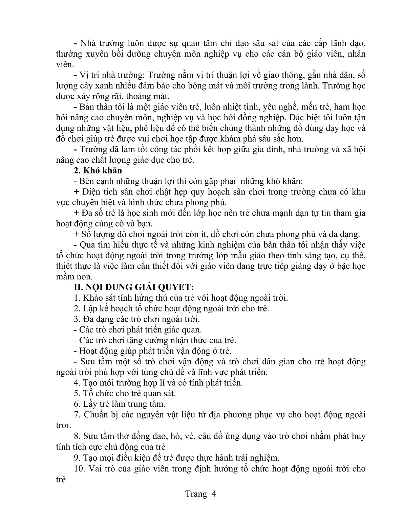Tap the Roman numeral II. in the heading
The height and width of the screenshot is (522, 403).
80,287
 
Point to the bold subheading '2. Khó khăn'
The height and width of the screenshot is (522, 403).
98,170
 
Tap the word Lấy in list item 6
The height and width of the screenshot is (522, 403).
90,404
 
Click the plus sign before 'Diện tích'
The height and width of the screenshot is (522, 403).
77,192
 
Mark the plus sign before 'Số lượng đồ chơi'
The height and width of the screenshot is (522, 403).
77,234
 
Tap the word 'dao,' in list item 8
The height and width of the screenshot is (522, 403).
158,436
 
